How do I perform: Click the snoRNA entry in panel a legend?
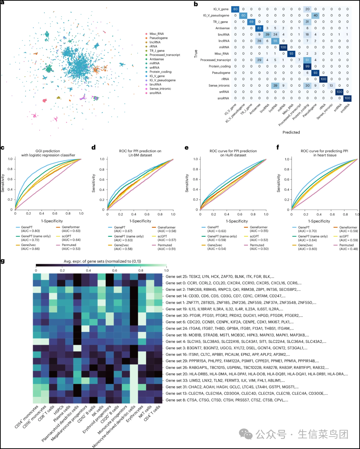tap(155, 93)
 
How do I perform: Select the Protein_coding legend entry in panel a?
tap(160, 72)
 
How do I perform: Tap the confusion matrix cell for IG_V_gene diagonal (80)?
tap(235, 9)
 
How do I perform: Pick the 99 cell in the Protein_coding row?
tap(308, 66)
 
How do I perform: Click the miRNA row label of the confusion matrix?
tap(224, 47)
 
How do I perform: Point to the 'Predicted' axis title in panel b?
tap(291, 132)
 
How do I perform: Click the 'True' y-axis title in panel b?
tap(196, 54)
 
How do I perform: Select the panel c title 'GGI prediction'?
tap(48, 151)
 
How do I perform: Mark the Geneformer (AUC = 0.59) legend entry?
tap(348, 229)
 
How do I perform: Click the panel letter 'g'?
tap(3, 261)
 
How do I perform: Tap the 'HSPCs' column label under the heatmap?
tap(59, 410)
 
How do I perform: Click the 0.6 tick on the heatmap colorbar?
tap(115, 270)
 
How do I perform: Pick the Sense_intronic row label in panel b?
tap(219, 86)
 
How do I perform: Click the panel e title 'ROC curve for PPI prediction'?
tap(233, 151)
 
